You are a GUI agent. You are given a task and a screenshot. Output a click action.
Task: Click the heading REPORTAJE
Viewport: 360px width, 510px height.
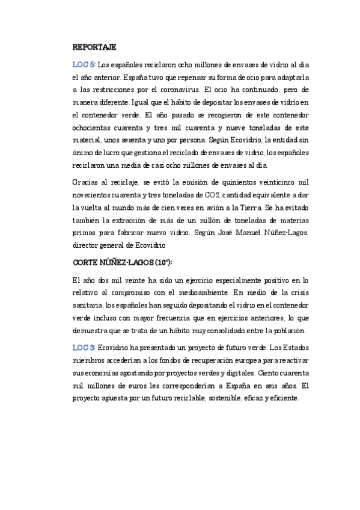94,47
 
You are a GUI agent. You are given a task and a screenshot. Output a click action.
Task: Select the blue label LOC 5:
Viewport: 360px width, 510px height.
84,64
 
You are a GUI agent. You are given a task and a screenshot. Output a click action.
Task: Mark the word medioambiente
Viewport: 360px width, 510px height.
198,293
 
